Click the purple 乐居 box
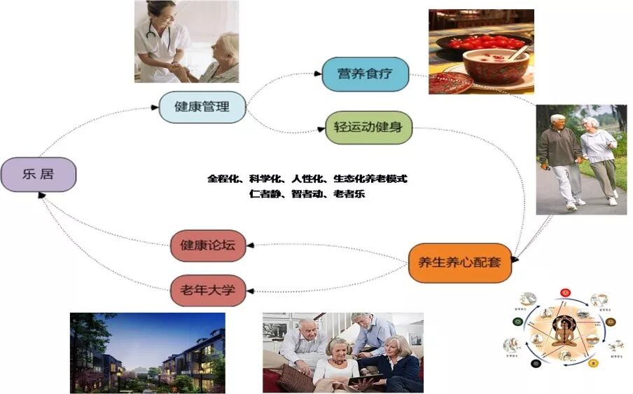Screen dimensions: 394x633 39,174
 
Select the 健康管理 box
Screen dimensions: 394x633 202,107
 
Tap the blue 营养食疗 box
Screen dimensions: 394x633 365,74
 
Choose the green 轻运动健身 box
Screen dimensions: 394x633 368,128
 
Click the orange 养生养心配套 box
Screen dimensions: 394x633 459,263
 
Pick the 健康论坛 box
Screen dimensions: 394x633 208,245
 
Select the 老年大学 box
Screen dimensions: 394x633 208,289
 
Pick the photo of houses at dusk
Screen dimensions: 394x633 147,352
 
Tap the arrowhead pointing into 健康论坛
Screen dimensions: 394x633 250,245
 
